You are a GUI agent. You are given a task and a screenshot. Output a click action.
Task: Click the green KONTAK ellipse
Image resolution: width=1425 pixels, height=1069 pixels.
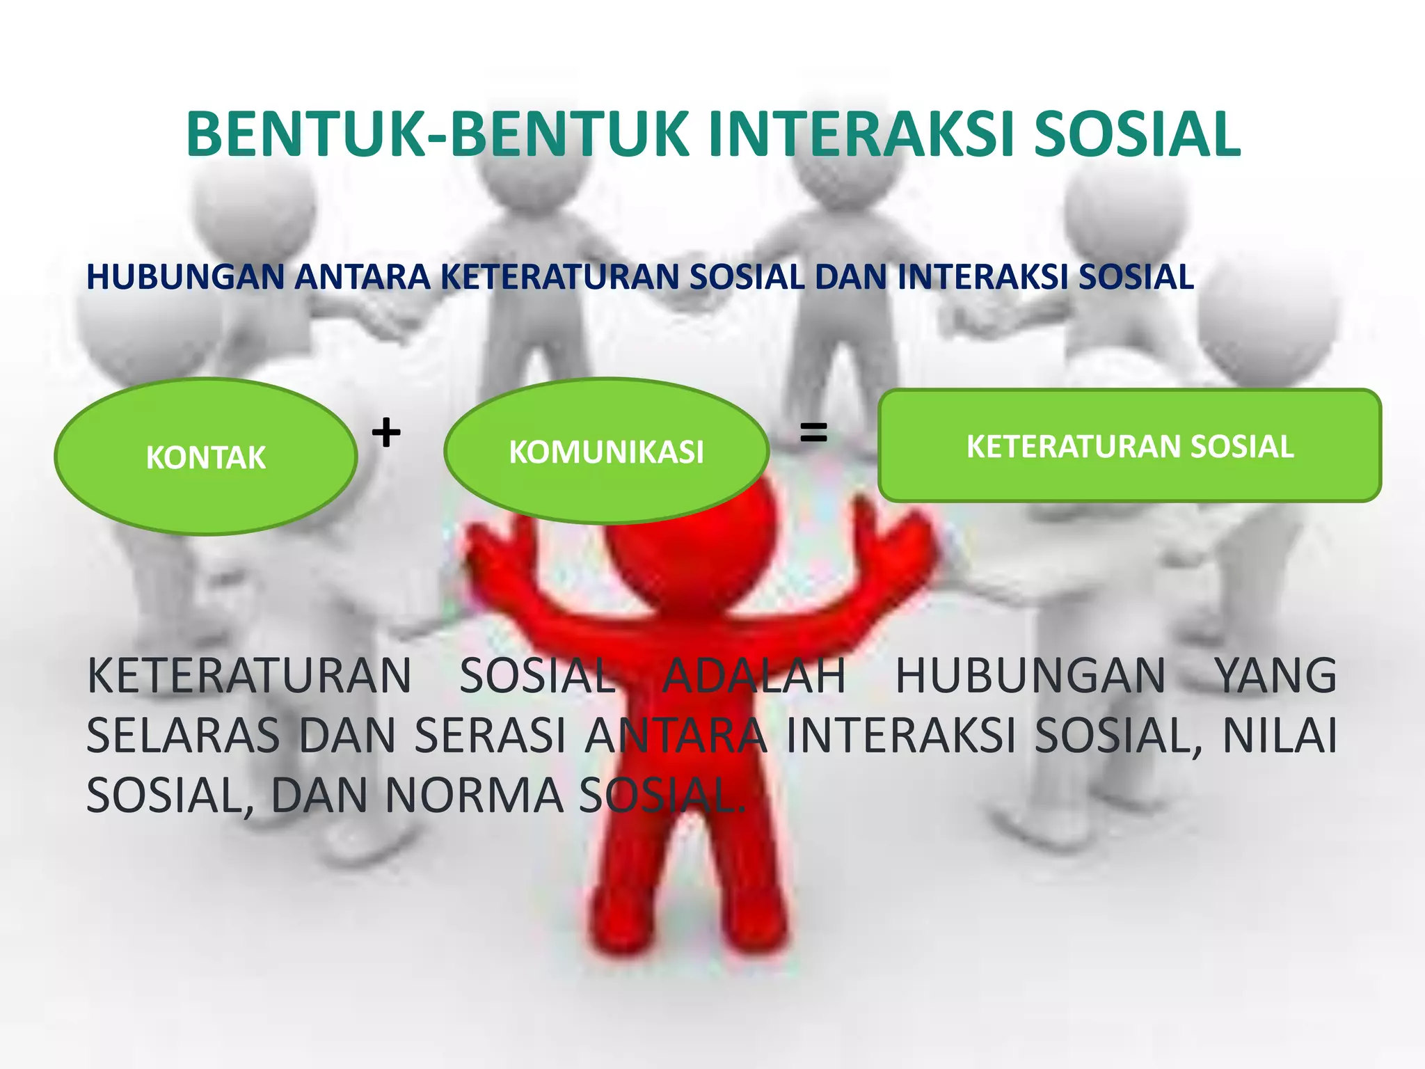pos(205,457)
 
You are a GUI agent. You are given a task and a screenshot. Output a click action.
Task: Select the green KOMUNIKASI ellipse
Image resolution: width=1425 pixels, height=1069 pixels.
pos(606,451)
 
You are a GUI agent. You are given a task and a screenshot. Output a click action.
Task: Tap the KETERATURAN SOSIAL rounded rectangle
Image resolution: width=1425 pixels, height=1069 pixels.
pos(1129,445)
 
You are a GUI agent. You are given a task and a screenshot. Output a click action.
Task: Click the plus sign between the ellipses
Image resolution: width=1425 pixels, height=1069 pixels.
pos(386,433)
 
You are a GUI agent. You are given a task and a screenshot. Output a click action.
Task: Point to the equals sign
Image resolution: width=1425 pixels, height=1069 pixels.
pos(813,433)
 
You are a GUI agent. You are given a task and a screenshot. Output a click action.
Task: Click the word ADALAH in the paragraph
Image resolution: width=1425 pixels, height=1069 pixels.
pos(754,676)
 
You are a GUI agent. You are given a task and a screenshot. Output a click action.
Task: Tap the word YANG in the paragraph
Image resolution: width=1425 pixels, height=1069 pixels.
pos(1275,676)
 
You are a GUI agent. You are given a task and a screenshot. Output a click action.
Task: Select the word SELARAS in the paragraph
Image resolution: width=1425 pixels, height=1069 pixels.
pos(183,736)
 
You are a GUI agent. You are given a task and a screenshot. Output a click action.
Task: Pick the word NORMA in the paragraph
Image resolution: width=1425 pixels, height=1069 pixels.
pos(474,795)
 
